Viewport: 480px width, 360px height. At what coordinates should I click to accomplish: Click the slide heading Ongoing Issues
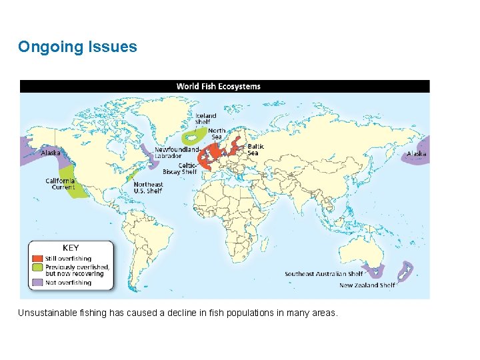click(x=77, y=47)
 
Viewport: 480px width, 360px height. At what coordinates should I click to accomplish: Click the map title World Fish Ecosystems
click(x=218, y=86)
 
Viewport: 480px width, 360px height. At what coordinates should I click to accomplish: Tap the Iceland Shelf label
click(x=205, y=119)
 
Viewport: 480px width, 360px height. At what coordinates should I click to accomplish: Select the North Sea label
click(x=217, y=133)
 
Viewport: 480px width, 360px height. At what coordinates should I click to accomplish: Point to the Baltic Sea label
click(x=255, y=149)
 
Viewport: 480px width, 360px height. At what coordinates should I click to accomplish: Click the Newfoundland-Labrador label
click(x=176, y=153)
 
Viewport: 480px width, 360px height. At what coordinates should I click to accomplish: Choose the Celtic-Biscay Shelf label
click(x=180, y=169)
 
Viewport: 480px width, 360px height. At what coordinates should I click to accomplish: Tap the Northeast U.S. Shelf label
click(x=147, y=187)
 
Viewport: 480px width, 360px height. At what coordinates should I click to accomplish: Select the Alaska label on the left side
click(x=51, y=153)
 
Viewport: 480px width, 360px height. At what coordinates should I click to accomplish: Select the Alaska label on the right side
click(x=417, y=153)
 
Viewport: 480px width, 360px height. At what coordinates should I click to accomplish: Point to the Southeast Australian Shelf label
click(x=324, y=273)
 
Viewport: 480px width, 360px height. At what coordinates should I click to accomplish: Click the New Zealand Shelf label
click(x=367, y=285)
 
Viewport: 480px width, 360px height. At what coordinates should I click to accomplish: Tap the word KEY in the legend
click(x=71, y=248)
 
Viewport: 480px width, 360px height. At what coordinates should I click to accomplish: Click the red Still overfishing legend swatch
click(x=36, y=259)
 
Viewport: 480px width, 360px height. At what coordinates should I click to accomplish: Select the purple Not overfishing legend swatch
click(x=36, y=282)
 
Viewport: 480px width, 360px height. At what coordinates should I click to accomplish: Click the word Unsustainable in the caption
click(x=47, y=313)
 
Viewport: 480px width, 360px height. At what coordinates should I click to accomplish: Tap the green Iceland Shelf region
click(x=193, y=137)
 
